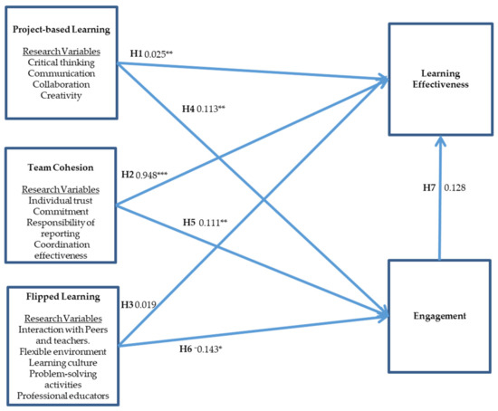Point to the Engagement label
(x=440, y=317)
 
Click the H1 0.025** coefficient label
(x=153, y=54)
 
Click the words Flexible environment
(x=60, y=350)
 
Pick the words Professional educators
(x=60, y=396)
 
